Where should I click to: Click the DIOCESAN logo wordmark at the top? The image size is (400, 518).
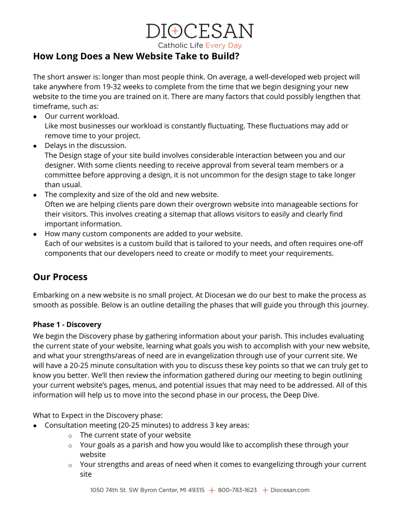click(199, 32)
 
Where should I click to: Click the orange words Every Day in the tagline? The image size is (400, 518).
click(224, 45)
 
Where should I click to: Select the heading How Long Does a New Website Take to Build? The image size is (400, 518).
click(136, 57)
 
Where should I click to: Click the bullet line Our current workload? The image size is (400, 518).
click(82, 116)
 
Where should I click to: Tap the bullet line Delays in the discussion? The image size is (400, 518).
click(85, 145)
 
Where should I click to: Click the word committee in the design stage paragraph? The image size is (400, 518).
click(63, 175)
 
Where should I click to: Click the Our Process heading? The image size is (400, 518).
click(60, 277)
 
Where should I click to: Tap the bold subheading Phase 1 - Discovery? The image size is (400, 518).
click(67, 325)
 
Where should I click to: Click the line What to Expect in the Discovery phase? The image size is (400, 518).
click(98, 415)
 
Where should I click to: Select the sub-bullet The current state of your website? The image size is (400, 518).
click(135, 435)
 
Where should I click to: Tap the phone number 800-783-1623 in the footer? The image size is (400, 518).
click(237, 490)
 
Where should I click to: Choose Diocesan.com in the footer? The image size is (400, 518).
click(290, 490)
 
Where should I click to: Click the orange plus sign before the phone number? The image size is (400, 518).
click(211, 490)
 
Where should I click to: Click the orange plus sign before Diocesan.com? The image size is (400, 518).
click(265, 490)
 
